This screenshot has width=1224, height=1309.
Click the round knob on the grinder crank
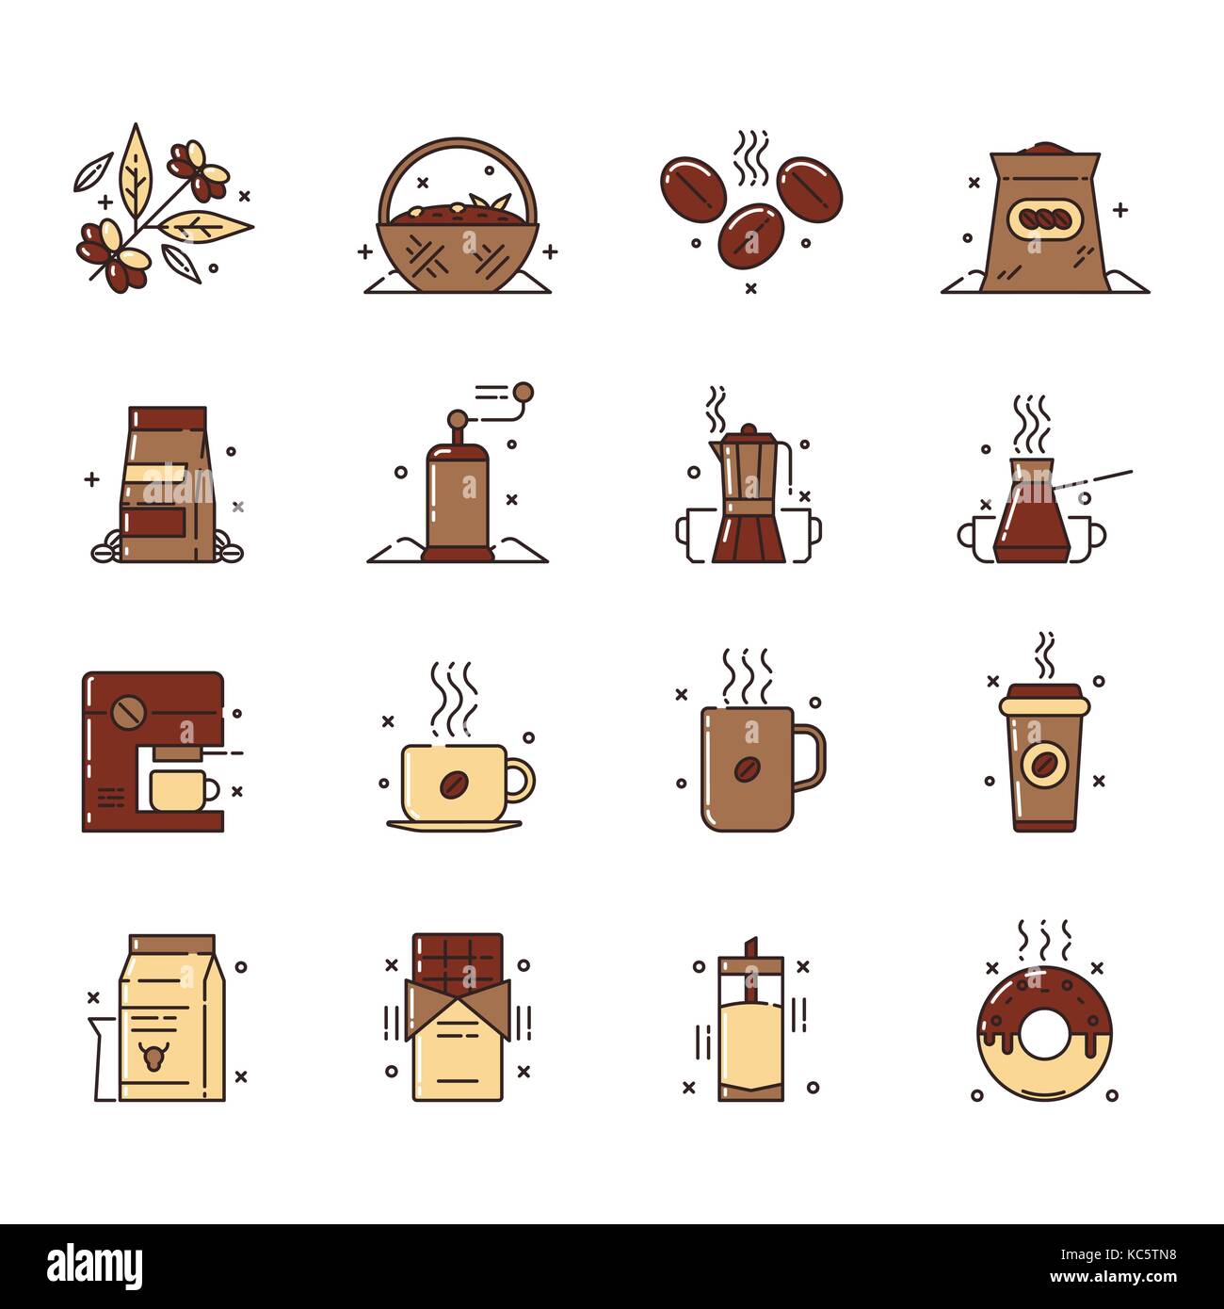(x=523, y=392)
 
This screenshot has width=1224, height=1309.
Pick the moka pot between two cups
(x=749, y=499)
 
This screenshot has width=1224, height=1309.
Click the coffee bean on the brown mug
(x=749, y=769)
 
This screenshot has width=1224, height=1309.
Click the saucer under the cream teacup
(x=454, y=825)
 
